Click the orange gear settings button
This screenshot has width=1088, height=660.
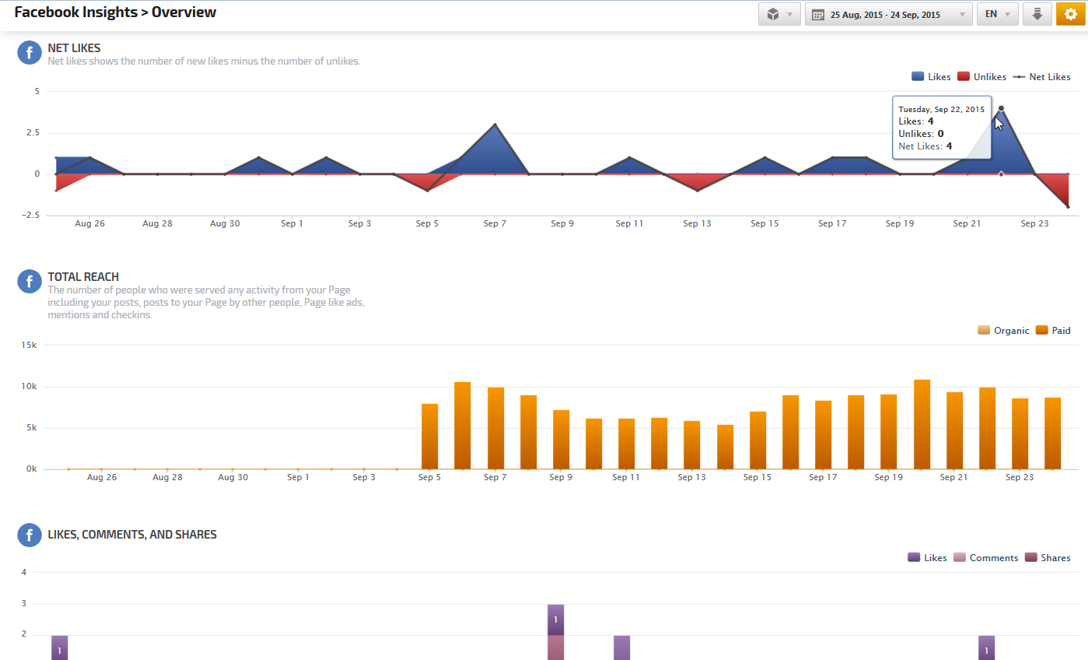click(1070, 14)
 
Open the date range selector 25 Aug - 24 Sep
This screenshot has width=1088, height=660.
click(888, 14)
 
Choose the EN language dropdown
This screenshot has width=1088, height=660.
click(997, 14)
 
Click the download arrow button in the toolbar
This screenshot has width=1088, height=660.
click(1037, 14)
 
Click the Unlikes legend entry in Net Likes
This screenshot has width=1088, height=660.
click(981, 77)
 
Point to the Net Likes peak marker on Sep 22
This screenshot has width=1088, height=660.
click(1001, 108)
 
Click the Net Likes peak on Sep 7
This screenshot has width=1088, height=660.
click(495, 125)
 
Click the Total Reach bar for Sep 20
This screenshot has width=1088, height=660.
click(922, 424)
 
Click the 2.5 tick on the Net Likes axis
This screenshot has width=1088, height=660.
click(31, 133)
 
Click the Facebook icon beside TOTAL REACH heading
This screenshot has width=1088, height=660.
click(29, 281)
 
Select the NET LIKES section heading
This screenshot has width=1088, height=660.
click(74, 48)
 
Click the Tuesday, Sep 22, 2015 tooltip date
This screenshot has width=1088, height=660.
click(941, 109)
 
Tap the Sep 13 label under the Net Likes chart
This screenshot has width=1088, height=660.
click(697, 224)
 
